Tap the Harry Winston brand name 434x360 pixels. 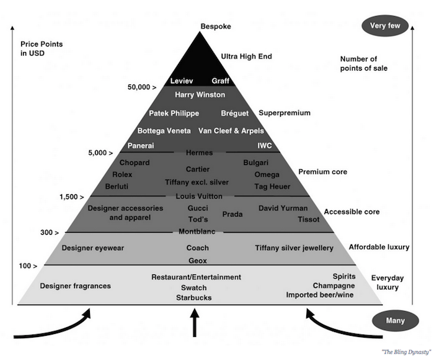coord(200,95)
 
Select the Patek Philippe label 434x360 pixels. coord(174,113)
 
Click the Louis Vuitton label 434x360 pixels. coord(199,197)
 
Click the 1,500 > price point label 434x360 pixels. coord(72,197)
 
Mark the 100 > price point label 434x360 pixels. coord(29,266)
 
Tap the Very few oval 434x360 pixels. coord(386,26)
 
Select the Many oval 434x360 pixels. coord(395,321)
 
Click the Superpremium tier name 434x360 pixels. coord(284,113)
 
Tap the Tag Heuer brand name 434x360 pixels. coord(272,186)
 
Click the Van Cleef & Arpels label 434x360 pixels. coord(231,131)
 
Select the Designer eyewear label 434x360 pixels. coord(93,248)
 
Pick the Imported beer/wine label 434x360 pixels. coord(320,295)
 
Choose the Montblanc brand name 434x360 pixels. coord(197,231)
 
